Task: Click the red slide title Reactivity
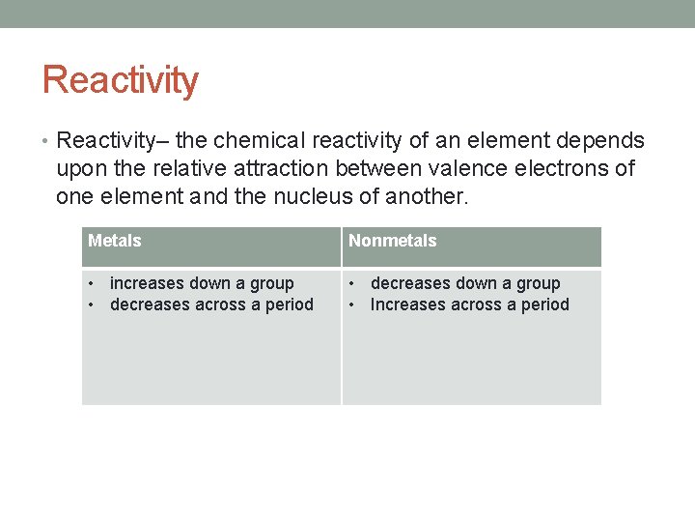(121, 80)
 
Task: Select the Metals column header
(115, 241)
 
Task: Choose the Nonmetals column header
(392, 241)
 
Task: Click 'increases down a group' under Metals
(202, 283)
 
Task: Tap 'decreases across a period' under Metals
(211, 304)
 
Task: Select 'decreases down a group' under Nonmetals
(465, 283)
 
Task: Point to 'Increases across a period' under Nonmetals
(470, 304)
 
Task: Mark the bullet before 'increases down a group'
(90, 283)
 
